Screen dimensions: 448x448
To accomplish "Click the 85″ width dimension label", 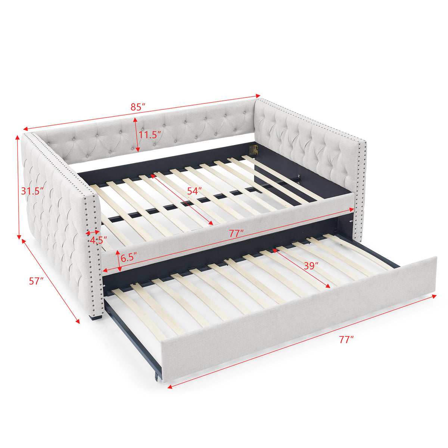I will [x=138, y=106].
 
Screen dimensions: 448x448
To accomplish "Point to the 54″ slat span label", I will [x=195, y=191].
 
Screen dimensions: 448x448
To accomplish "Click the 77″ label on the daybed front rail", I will [x=236, y=233].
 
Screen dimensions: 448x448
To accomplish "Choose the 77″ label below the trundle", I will [x=346, y=340].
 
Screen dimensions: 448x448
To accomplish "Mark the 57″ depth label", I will [x=37, y=281].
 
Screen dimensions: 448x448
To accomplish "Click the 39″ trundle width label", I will [x=311, y=266].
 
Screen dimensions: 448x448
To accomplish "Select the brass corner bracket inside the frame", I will [x=254, y=150].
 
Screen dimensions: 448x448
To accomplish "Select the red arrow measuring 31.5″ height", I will [x=18, y=187].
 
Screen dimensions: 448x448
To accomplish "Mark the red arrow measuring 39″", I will [x=302, y=268].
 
